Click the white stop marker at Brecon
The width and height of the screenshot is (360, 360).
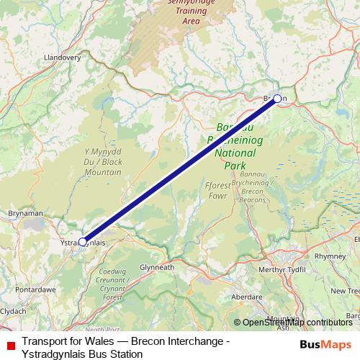tap(277, 99)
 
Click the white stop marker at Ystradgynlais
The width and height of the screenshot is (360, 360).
tap(83, 242)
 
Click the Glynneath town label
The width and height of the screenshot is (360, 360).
tap(157, 266)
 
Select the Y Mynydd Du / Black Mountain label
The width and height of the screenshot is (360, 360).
tap(103, 162)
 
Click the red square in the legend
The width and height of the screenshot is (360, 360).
tap(11, 348)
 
